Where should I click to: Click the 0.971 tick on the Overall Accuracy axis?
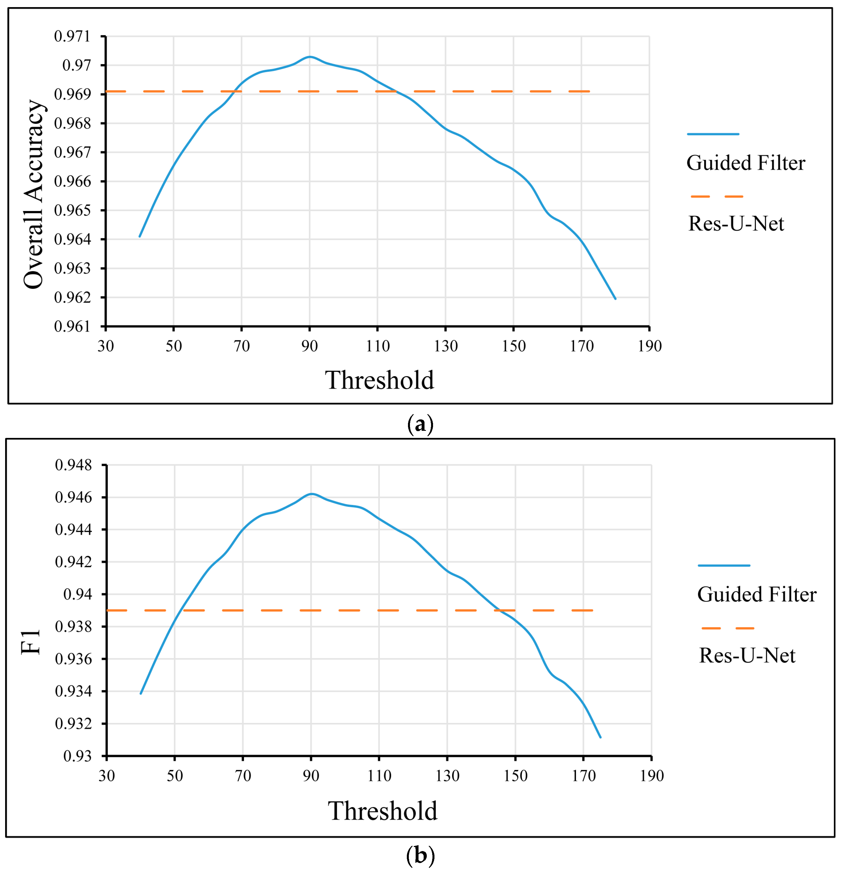point(72,36)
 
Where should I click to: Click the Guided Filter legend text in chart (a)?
point(746,163)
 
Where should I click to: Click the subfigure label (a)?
point(420,425)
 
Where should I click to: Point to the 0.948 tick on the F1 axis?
point(73,465)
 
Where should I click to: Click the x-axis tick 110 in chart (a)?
point(378,346)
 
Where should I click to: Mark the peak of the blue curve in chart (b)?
point(312,493)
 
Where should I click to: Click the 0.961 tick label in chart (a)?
point(72,327)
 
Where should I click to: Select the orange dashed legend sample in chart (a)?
point(717,196)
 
